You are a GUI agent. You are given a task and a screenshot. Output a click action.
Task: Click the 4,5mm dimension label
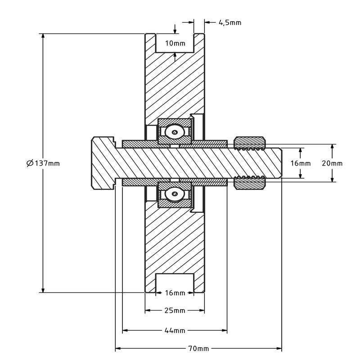[x=229, y=22]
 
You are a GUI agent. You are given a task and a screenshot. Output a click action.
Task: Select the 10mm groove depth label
[x=175, y=43]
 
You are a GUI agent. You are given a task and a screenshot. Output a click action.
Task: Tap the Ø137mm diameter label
[x=43, y=163]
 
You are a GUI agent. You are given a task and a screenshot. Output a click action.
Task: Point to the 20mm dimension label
[x=332, y=163]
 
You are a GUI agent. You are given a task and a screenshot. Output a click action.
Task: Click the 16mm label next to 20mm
[x=300, y=163]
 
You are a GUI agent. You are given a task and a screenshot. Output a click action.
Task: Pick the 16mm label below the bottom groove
[x=175, y=293]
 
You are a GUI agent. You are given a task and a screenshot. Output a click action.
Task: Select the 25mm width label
[x=175, y=310]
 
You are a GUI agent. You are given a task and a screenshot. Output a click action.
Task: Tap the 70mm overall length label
[x=198, y=348]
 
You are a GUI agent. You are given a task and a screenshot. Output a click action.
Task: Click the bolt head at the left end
[x=103, y=162]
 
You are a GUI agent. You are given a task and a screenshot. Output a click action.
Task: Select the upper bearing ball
[x=174, y=131]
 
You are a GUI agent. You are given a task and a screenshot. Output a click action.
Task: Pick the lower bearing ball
[x=174, y=194]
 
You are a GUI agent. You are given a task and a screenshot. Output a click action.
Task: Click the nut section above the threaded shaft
[x=249, y=142]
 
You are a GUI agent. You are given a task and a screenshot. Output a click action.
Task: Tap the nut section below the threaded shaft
[x=249, y=183]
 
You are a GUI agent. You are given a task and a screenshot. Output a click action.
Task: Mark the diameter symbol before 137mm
[x=30, y=163]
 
